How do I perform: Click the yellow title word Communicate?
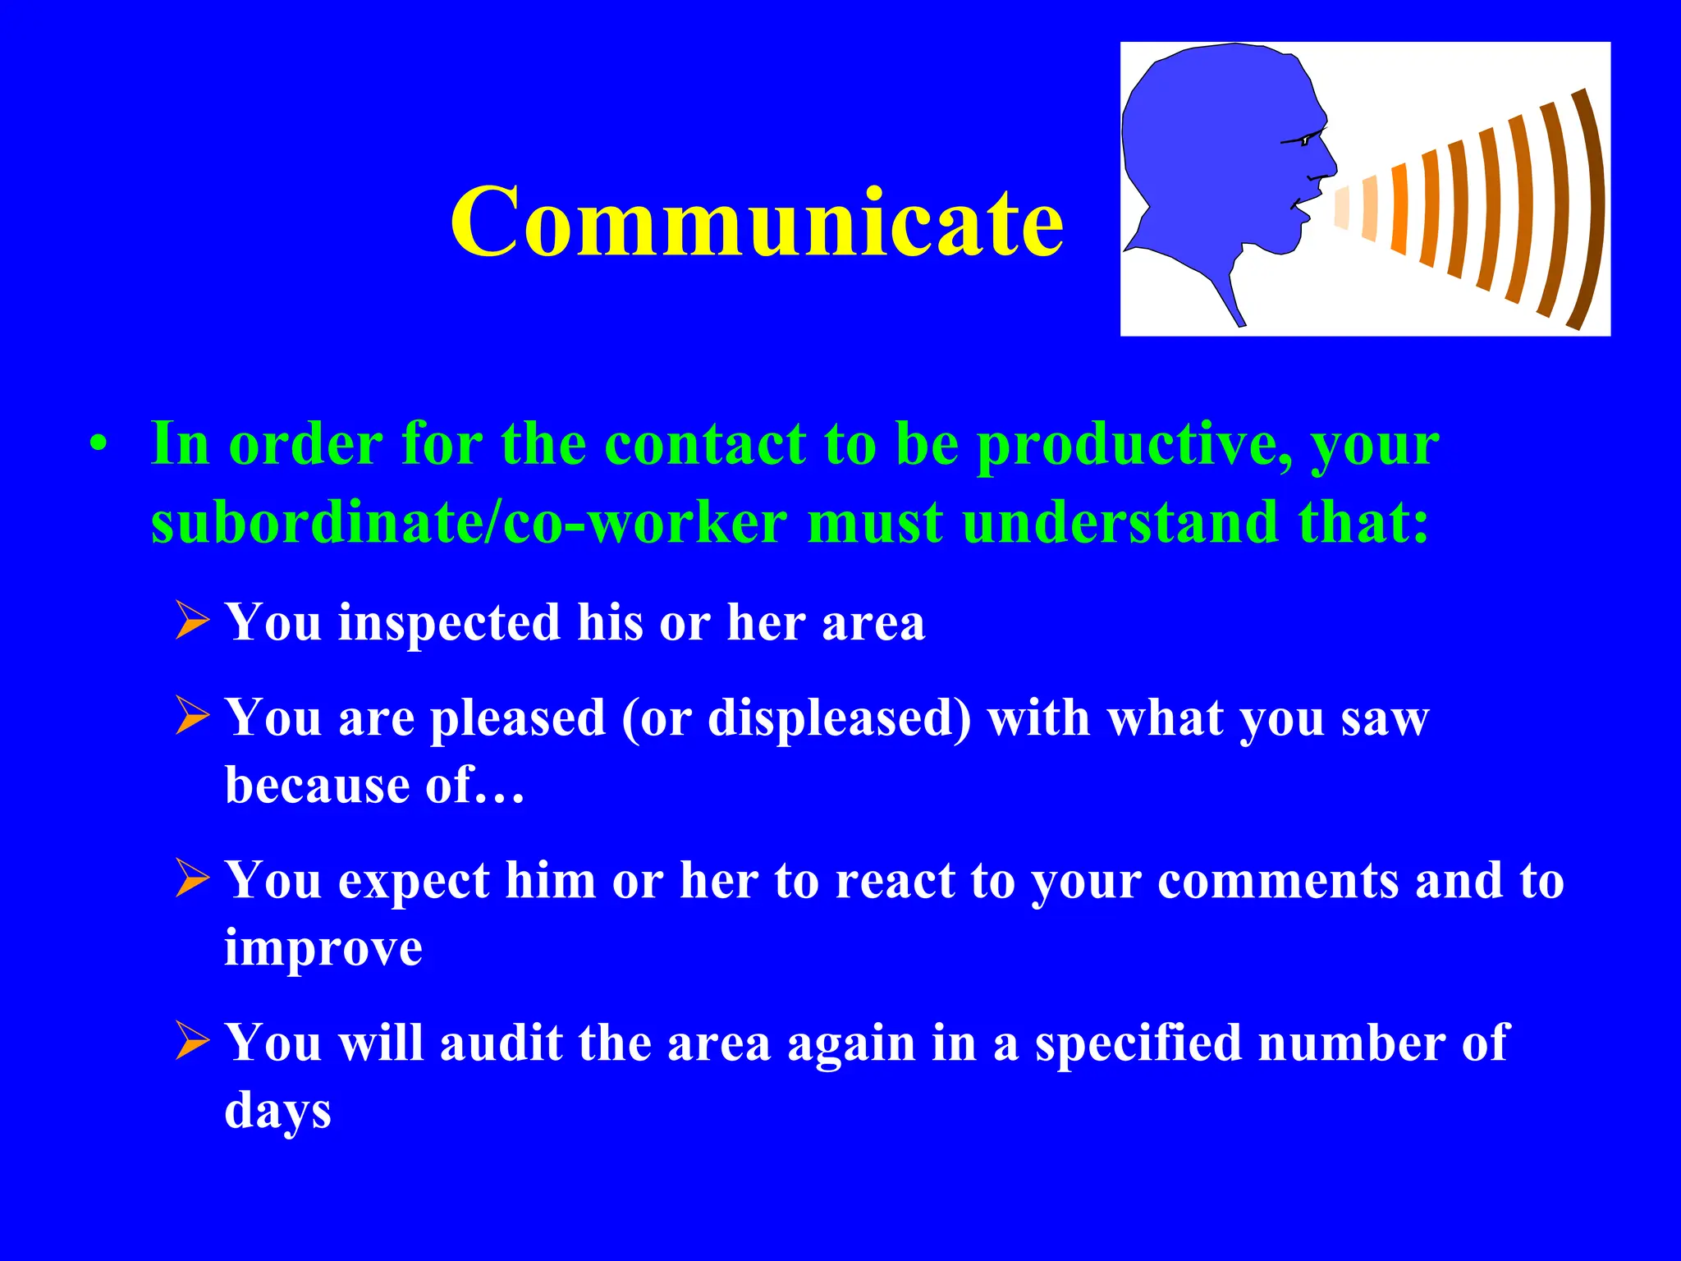tap(757, 222)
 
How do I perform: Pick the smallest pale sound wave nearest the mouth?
tap(1341, 207)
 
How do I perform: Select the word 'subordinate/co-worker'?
tap(469, 523)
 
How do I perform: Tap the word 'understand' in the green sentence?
tap(1120, 523)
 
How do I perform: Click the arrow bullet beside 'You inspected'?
tap(194, 621)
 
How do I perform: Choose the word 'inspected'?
tap(449, 622)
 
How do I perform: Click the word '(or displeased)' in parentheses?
tap(796, 718)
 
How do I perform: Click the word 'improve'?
tap(323, 948)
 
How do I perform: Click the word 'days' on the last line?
tap(277, 1111)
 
